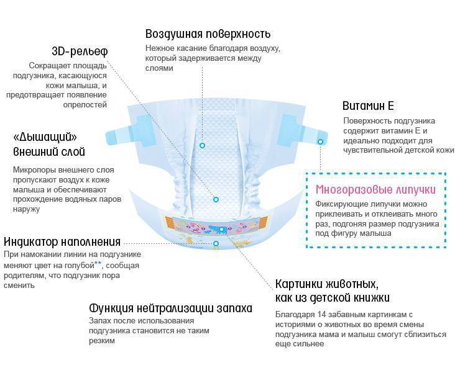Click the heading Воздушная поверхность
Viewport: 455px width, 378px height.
[208, 34]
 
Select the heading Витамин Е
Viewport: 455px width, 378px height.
[368, 106]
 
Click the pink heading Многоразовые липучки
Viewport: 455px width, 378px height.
[376, 189]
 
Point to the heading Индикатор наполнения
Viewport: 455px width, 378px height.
[62, 241]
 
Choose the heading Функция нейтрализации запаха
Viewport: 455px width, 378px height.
[171, 308]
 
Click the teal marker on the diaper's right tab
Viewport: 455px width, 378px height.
[321, 142]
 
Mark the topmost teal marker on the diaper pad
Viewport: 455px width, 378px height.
[201, 145]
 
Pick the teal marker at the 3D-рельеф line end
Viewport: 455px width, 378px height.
[216, 199]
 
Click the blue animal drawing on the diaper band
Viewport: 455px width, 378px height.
[218, 228]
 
